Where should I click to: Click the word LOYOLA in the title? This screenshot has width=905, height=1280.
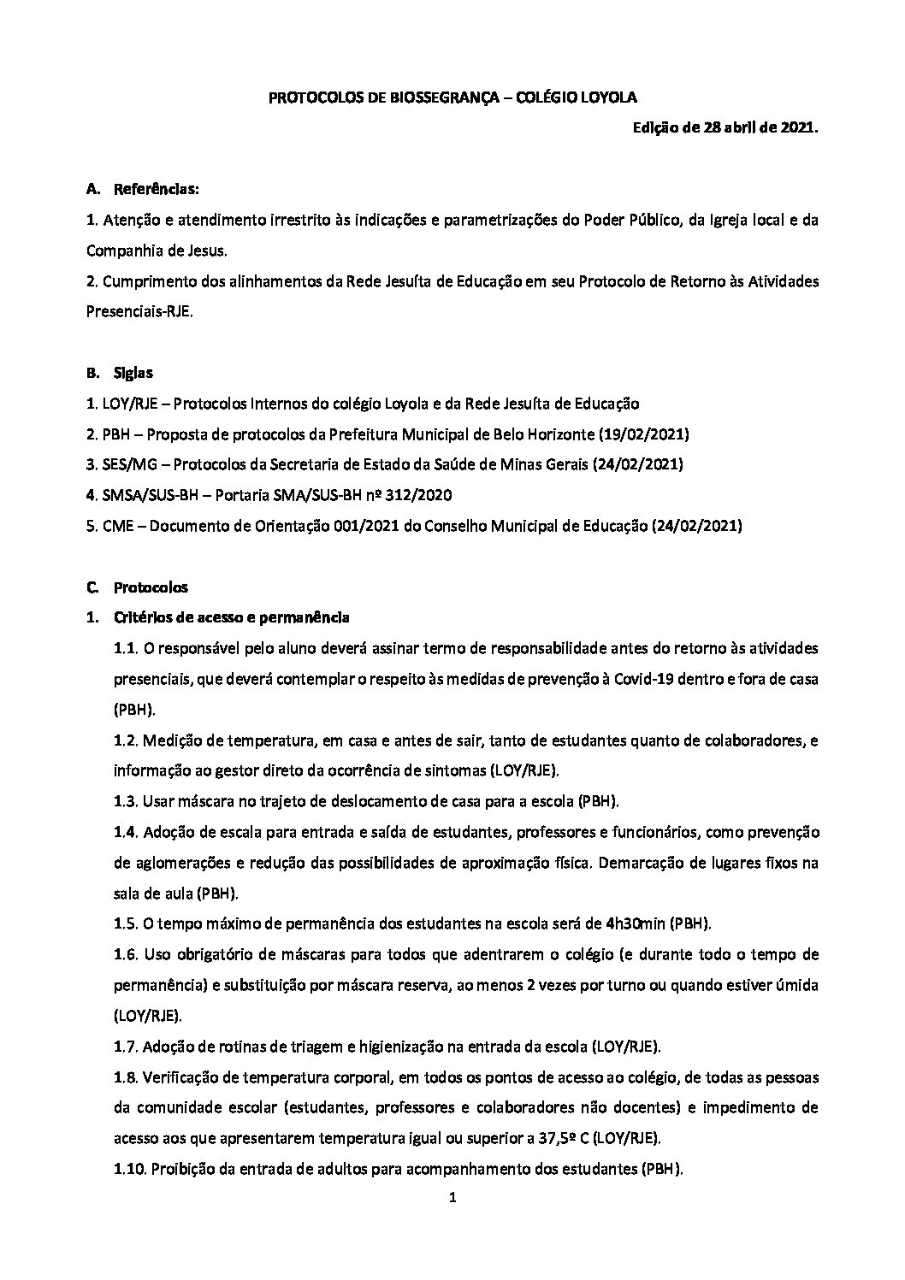[606, 97]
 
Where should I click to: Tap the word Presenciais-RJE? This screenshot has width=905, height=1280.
[139, 312]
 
